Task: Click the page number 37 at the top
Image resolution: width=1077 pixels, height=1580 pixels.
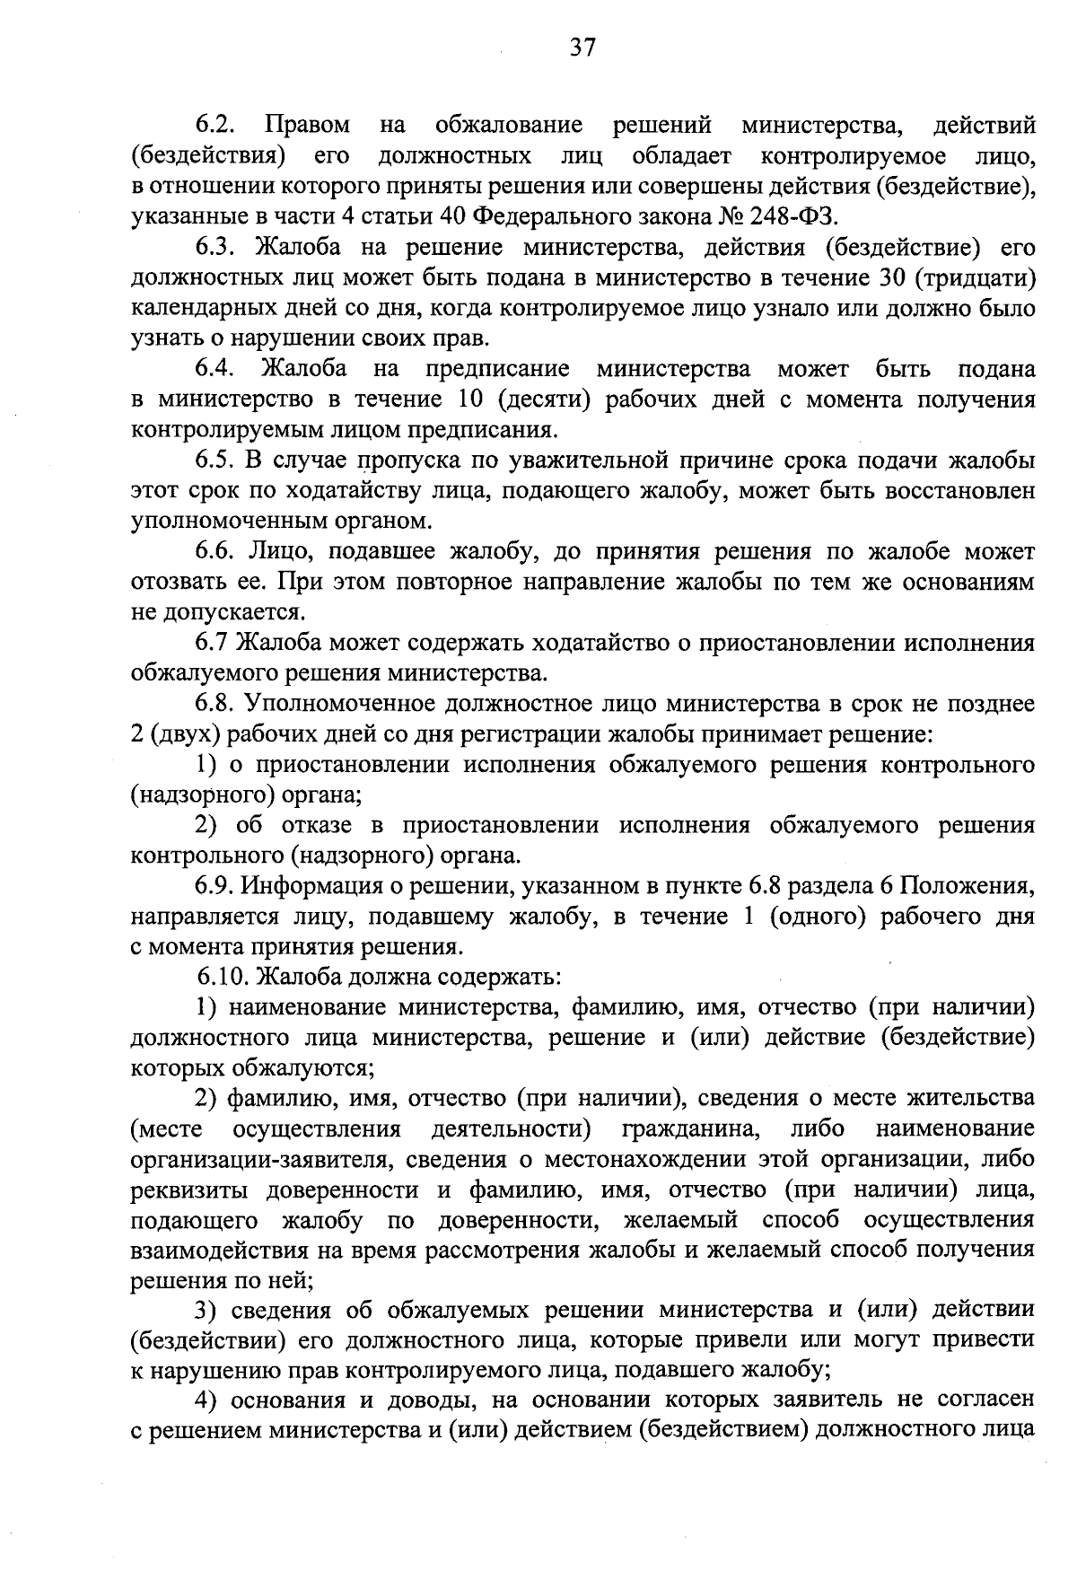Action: click(x=582, y=48)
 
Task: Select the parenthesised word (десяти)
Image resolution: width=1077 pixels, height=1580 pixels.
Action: click(x=546, y=399)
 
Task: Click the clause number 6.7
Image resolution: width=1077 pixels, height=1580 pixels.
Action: click(x=212, y=643)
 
